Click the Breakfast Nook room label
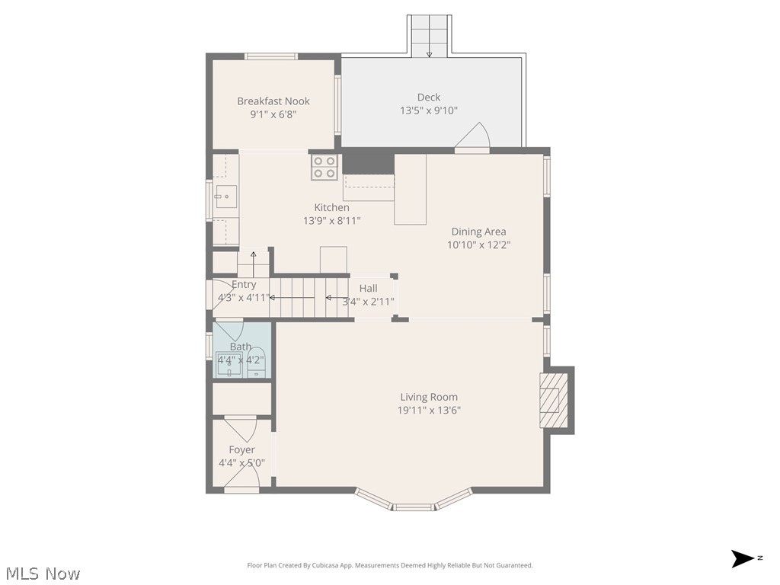[x=273, y=101]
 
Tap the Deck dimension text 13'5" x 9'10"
[x=428, y=110]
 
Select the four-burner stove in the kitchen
[x=324, y=167]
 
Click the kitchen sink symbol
[x=225, y=197]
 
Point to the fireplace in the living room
[x=554, y=400]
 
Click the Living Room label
[x=429, y=397]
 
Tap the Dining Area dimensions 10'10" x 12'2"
[x=478, y=245]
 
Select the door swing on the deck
[x=474, y=137]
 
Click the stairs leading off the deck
[x=429, y=35]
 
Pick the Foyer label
[x=241, y=450]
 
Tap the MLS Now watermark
[x=43, y=573]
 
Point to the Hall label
[x=368, y=289]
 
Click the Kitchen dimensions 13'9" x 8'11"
[x=331, y=221]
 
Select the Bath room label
[x=240, y=347]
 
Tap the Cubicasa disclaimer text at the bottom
[x=390, y=565]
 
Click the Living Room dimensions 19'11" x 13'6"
[x=429, y=411]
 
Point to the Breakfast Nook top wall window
[x=270, y=56]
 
